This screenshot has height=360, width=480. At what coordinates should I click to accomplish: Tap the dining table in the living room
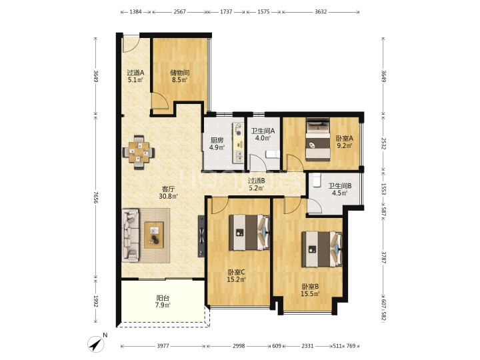click(139, 152)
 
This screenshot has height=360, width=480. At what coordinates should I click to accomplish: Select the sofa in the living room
click(131, 235)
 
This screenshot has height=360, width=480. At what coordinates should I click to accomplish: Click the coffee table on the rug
click(154, 235)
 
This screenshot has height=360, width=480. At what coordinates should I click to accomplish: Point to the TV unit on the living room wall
click(201, 236)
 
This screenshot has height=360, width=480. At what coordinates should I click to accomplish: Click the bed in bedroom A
click(318, 139)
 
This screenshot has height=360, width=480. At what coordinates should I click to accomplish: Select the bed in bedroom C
click(250, 233)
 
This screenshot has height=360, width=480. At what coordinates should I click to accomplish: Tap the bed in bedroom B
click(322, 249)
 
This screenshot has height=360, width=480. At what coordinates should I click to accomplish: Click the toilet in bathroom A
click(273, 154)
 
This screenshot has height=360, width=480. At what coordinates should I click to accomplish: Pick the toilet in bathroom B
click(316, 180)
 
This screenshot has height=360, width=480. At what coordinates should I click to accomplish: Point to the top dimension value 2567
click(180, 12)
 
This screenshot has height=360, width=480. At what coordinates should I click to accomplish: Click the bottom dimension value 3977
click(163, 346)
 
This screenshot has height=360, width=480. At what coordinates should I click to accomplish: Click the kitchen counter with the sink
click(238, 143)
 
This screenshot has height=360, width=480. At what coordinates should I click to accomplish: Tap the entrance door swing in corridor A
click(131, 44)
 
